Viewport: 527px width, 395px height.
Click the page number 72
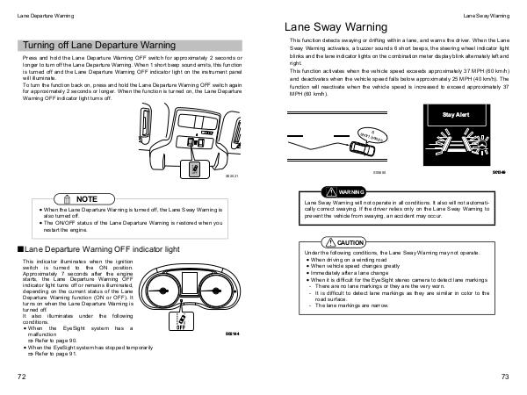[20, 377]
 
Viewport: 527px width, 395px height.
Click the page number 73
[505, 377]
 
